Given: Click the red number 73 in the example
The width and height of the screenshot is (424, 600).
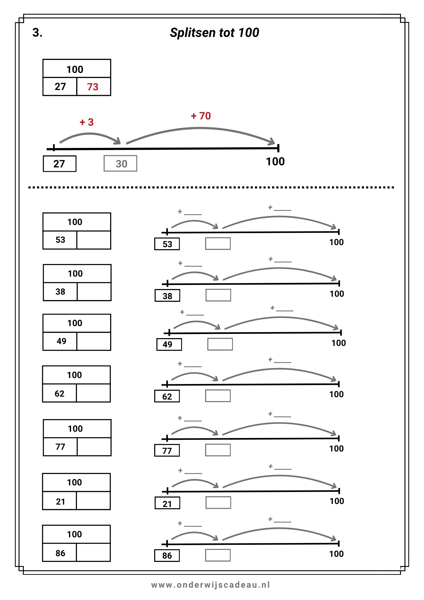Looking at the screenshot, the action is tap(93, 87).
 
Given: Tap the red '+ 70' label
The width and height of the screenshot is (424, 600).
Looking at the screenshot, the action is tap(201, 116).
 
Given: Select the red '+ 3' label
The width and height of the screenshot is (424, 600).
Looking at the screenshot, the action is tap(87, 122).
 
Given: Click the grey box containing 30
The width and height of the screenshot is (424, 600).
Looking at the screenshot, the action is tap(120, 163).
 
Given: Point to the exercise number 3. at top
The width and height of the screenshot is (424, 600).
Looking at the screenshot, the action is tap(37, 32).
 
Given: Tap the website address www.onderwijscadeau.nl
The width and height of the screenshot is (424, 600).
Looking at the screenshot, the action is tap(211, 585).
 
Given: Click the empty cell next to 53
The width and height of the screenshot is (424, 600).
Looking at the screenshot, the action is tap(94, 240).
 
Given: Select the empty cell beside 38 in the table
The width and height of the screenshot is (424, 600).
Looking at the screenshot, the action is tap(94, 292).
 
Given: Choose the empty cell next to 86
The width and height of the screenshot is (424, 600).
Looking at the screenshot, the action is tap(94, 552).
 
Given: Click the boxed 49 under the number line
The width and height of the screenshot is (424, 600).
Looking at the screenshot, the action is tap(169, 344).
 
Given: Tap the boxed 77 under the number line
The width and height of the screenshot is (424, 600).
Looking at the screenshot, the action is tap(167, 450).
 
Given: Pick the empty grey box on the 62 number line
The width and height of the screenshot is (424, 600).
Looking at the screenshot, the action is tap(218, 396).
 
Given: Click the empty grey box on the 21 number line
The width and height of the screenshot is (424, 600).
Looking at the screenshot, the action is tap(218, 502).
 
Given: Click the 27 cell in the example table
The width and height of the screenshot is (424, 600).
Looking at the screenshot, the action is tap(60, 87).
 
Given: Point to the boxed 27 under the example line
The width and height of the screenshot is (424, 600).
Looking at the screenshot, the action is tap(60, 164).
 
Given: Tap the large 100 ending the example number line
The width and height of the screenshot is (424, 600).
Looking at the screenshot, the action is tap(275, 162).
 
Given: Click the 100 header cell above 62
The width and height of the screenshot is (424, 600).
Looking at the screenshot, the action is tap(76, 375).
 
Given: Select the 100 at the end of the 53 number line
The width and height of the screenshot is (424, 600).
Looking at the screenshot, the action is tap(336, 242).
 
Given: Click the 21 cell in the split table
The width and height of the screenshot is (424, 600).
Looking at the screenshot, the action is tap(60, 501).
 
